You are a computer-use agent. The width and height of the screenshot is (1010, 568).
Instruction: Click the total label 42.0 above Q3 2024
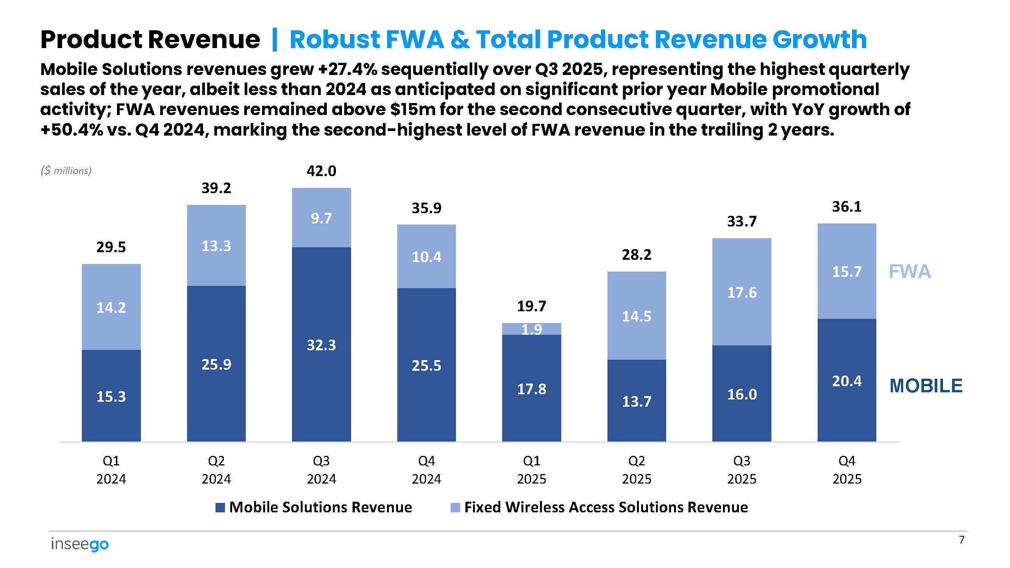pyautogui.click(x=321, y=171)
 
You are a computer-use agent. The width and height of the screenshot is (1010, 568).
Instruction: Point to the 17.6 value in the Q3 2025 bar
pyautogui.click(x=741, y=292)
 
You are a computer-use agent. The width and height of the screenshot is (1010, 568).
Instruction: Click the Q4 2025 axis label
pyautogui.click(x=846, y=470)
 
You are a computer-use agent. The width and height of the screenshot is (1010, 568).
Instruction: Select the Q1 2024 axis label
pyautogui.click(x=111, y=470)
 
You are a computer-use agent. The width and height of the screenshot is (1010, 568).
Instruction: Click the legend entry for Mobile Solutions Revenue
pyautogui.click(x=314, y=507)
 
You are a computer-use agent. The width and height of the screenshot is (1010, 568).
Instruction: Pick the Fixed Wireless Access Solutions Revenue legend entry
pyautogui.click(x=599, y=507)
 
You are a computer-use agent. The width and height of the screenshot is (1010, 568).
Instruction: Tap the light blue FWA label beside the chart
pyautogui.click(x=909, y=272)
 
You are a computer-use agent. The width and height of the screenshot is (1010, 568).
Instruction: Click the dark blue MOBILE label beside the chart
pyautogui.click(x=926, y=386)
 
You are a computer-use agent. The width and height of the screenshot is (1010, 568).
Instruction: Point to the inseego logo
pyautogui.click(x=80, y=544)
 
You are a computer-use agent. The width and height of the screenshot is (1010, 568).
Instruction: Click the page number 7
pyautogui.click(x=961, y=540)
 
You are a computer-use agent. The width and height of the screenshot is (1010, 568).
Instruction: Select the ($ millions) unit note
pyautogui.click(x=66, y=170)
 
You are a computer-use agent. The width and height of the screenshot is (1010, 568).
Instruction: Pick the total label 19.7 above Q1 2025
pyautogui.click(x=531, y=306)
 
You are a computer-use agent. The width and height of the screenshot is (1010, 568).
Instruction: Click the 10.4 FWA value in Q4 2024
pyautogui.click(x=426, y=257)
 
